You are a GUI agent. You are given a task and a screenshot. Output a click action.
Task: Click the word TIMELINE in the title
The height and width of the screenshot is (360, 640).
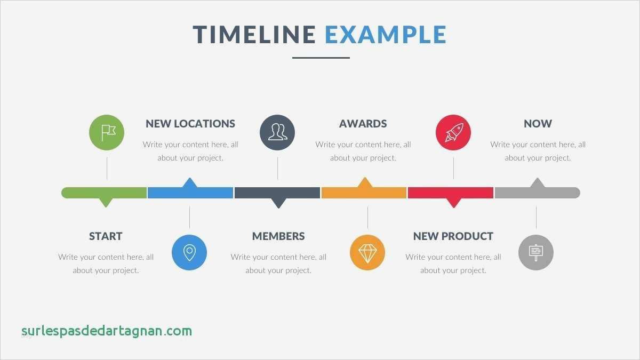[254, 35]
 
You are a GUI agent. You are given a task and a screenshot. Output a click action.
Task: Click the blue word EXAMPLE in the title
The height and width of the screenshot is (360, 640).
[386, 35]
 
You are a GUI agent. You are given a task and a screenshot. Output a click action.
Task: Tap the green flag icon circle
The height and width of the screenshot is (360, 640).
[107, 133]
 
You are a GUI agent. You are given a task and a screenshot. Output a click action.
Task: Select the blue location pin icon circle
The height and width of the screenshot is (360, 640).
[189, 253]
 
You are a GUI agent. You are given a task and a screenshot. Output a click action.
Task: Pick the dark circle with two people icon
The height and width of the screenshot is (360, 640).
[277, 133]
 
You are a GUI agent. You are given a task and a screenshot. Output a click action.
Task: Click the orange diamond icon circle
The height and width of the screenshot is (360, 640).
[367, 253]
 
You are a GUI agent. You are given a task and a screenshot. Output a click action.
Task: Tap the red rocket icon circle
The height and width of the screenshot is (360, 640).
[453, 133]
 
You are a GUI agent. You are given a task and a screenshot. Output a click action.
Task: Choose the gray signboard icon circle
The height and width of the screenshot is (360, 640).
[536, 253]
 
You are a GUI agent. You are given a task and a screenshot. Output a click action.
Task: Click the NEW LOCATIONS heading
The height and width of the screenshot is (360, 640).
[190, 124]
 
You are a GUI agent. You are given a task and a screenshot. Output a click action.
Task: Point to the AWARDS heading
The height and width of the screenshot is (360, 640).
[363, 124]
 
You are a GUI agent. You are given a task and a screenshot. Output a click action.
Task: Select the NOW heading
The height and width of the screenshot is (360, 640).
[538, 124]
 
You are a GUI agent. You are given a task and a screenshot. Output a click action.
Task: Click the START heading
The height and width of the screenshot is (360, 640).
[106, 236]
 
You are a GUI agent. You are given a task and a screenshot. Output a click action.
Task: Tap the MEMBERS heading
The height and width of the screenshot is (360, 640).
[278, 236]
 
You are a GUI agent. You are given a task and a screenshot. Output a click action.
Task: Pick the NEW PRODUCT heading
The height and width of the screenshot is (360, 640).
[453, 236]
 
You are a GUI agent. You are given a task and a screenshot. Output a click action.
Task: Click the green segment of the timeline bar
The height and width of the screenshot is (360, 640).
[104, 193]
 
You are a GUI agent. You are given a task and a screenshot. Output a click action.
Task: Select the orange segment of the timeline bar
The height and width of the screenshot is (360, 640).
[364, 193]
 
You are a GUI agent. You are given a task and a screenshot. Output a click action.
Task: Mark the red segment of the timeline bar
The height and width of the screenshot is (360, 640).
[451, 193]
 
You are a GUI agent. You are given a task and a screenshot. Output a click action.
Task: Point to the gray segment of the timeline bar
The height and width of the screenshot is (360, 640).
[538, 193]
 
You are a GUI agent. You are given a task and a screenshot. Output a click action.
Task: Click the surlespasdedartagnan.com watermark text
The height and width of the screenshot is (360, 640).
[107, 331]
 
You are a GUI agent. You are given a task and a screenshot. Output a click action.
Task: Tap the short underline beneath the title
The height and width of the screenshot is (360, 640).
[321, 58]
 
